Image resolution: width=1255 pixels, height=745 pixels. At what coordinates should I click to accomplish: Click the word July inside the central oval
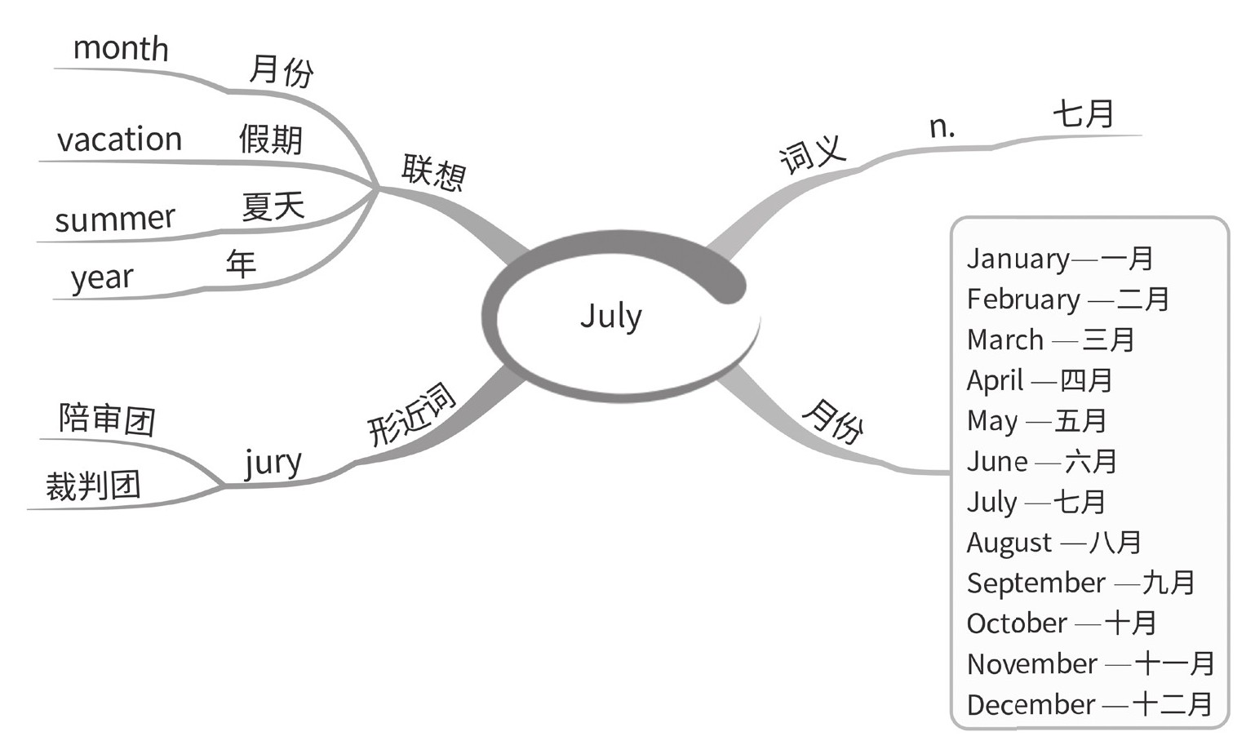[611, 317]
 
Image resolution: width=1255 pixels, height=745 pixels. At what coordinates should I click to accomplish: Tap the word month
[121, 49]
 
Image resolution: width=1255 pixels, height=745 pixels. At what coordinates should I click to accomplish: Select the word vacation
[119, 140]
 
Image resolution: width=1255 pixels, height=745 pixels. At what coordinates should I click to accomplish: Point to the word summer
[115, 219]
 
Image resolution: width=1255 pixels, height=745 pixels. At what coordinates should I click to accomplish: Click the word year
[102, 278]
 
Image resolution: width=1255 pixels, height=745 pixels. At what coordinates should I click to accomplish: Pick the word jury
[273, 463]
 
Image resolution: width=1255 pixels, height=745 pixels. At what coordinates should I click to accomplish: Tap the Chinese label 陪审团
[107, 419]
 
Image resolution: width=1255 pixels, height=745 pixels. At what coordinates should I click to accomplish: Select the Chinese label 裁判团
[93, 486]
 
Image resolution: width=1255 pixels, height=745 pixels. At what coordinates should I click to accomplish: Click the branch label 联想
[433, 172]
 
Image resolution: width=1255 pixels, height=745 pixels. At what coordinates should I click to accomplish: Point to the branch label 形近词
[410, 415]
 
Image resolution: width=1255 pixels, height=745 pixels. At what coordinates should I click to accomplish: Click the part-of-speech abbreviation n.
[942, 126]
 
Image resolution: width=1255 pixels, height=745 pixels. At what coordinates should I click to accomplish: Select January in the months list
[1018, 259]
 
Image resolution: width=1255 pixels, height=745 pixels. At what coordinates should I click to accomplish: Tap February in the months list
[1023, 299]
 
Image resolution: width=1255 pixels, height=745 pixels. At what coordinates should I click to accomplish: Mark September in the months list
[1035, 583]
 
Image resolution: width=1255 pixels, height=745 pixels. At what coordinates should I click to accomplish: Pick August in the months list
[1009, 543]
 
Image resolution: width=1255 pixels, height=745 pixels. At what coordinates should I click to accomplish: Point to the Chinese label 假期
[271, 140]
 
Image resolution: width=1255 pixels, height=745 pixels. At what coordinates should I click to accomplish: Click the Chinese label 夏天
[273, 206]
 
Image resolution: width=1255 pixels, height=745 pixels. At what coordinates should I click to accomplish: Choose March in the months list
[1005, 339]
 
